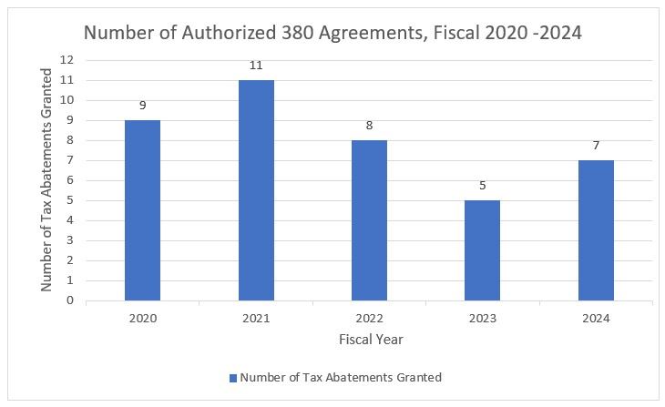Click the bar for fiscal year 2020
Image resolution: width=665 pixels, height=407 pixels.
(142, 210)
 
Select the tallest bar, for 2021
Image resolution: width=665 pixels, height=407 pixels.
(256, 190)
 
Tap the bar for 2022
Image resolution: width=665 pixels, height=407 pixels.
(369, 220)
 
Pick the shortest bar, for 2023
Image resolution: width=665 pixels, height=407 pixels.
(482, 250)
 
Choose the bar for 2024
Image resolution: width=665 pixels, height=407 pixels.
(596, 230)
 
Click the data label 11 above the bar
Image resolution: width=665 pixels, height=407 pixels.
(256, 66)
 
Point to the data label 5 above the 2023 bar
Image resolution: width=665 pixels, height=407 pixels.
(482, 186)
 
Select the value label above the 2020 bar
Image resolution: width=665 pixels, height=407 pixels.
(142, 106)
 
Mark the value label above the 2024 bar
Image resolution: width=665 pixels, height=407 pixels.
(596, 146)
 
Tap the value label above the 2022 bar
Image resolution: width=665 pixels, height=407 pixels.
(369, 126)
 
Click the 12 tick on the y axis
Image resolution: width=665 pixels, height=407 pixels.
(66, 60)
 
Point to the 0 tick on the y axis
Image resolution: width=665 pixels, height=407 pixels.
(69, 300)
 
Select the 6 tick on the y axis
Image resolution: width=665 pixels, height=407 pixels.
(69, 180)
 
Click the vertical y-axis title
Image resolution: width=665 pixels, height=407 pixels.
(46, 180)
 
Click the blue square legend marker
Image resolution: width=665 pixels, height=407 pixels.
(232, 378)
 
